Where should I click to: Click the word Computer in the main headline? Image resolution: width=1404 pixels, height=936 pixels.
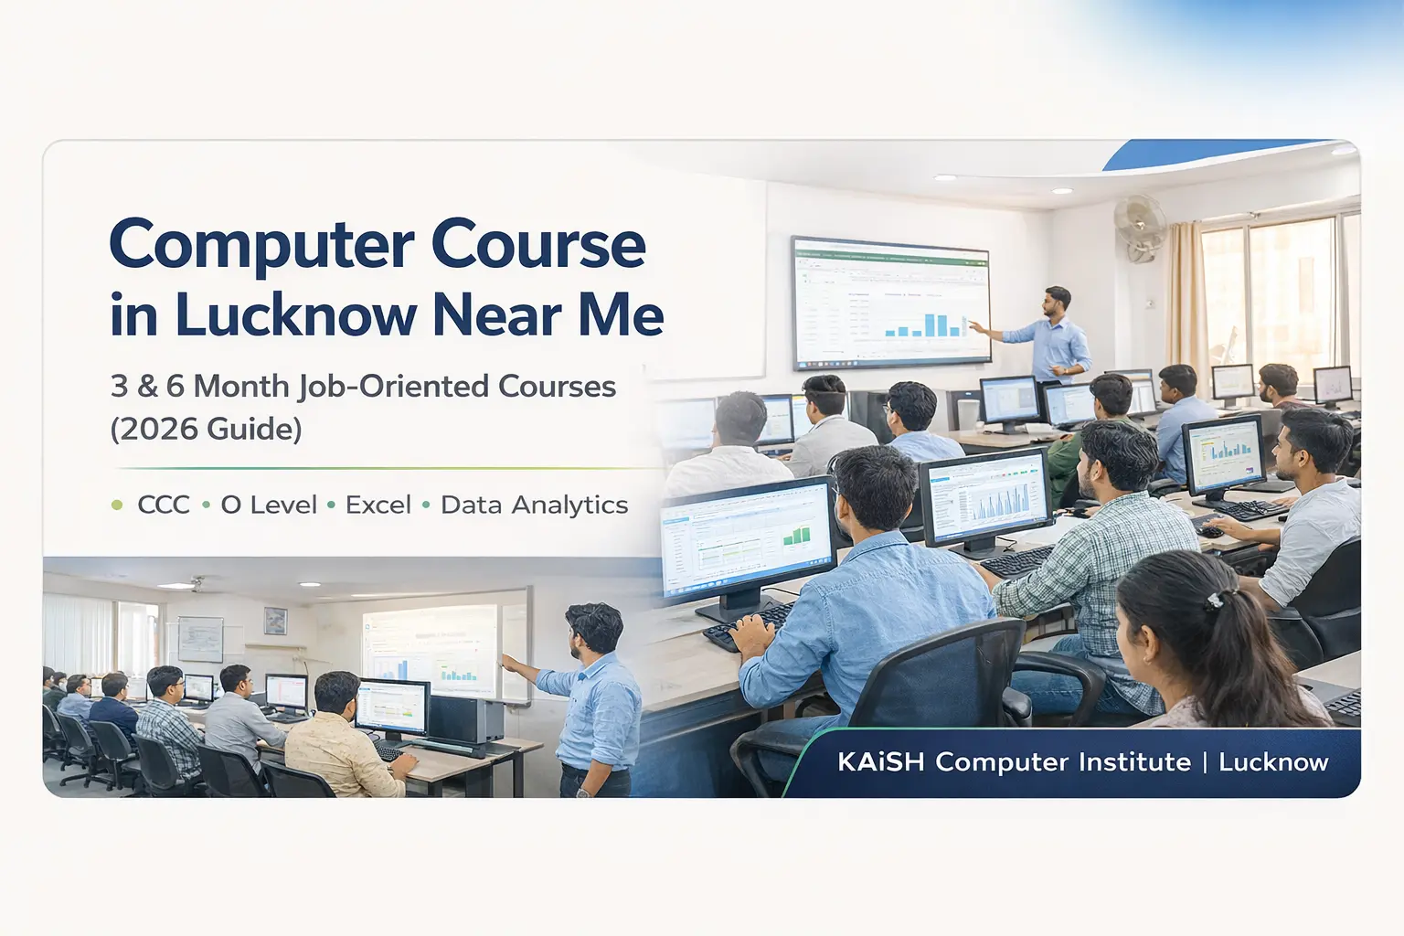pos(259,245)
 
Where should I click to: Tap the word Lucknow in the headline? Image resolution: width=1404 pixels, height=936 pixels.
pos(295,316)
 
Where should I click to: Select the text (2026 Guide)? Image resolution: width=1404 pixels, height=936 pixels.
pos(206,429)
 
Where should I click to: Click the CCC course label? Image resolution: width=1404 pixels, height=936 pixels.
pos(164,505)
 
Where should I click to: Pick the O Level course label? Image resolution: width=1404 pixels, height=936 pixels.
pos(269,505)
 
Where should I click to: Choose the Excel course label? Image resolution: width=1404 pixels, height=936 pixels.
pos(378,505)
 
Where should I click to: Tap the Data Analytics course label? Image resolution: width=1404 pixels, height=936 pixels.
pos(534,505)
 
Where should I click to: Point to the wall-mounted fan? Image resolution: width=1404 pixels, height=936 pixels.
pos(1140,226)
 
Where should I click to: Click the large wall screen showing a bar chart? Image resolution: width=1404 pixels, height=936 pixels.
pos(890,303)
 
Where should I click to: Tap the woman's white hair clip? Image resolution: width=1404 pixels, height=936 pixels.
pos(1214,600)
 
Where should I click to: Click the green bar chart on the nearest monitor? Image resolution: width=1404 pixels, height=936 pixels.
pos(795,536)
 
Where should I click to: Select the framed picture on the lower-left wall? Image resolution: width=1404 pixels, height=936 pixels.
pos(275,621)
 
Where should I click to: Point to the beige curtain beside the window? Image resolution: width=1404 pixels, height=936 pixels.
pos(1186,292)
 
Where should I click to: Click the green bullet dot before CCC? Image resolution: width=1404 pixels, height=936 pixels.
pos(117,505)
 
